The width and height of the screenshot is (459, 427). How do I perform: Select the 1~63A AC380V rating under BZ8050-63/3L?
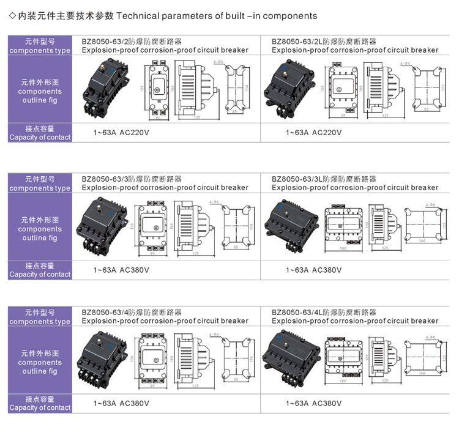tap(313, 270)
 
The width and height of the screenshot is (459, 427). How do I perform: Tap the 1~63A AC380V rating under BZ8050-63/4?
tap(122, 404)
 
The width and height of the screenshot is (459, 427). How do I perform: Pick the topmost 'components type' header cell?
tap(40, 46)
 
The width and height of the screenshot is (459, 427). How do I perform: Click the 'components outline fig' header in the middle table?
tap(40, 228)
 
